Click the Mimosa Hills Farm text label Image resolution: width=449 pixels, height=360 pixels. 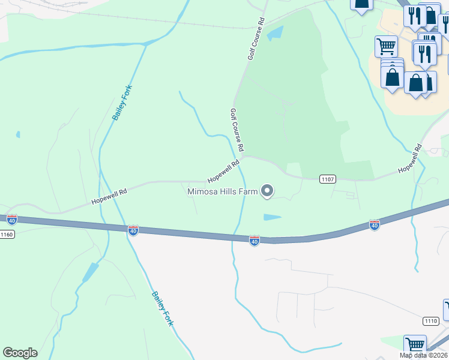pos(222,192)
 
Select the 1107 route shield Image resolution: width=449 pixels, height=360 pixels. pos(327,179)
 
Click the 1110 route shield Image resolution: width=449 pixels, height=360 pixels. pos(430,321)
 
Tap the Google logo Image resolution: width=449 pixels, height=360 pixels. pos(20,353)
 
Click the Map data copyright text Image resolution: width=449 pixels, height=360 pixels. pos(424,355)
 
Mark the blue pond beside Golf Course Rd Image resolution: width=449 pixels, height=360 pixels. pos(275,34)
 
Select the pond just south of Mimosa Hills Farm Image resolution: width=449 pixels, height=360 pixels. pos(272,217)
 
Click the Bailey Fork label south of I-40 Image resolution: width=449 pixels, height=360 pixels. pos(162,308)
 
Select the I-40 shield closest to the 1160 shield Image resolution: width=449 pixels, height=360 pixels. pos(11,219)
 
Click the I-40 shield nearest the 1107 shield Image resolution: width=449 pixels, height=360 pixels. pos(374,225)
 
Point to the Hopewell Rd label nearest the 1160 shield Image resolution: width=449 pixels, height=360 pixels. pos(109,197)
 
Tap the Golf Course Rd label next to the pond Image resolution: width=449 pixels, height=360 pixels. pos(256,38)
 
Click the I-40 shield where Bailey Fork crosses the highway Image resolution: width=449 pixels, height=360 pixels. pos(133,230)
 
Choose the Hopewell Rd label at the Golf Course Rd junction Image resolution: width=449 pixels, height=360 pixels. pos(223,172)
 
